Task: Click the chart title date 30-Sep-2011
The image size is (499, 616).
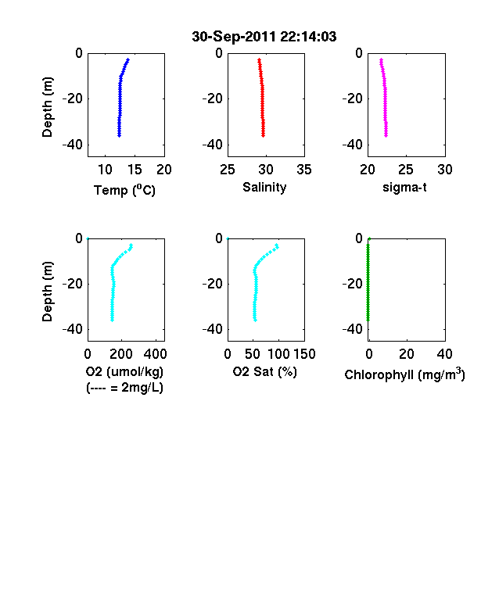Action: click(x=234, y=37)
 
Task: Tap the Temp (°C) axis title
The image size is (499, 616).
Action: click(x=124, y=190)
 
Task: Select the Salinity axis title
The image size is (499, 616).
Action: click(x=264, y=188)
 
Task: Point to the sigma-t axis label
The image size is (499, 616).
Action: click(x=404, y=188)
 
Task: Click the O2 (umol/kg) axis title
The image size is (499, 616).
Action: click(x=124, y=371)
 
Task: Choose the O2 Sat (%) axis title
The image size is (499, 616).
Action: click(x=265, y=371)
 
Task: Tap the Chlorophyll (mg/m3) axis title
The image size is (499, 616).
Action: click(x=404, y=374)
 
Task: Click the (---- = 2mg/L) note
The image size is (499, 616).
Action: click(x=124, y=388)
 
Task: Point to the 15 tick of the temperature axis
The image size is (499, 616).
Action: click(x=135, y=170)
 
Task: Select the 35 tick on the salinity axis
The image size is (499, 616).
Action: click(x=304, y=170)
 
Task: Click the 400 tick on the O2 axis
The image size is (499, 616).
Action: click(x=155, y=354)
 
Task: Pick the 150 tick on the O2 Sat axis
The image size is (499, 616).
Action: click(x=304, y=354)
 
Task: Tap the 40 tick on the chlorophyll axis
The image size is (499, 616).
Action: click(x=445, y=354)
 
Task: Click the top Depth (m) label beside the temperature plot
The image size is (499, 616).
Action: click(x=47, y=107)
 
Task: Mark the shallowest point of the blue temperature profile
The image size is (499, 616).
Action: click(x=127, y=59)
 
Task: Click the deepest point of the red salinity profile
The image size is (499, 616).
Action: click(x=264, y=135)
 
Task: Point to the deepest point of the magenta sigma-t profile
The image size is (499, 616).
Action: click(x=386, y=135)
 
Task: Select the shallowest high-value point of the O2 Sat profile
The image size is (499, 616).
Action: click(x=277, y=245)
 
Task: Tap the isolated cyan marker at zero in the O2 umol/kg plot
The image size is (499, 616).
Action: click(x=88, y=238)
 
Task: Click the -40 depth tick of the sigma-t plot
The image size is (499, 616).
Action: click(x=353, y=145)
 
